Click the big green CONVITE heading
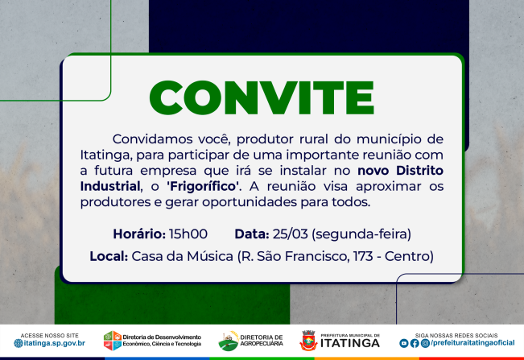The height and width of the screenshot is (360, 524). [x=262, y=97]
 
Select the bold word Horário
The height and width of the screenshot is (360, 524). [x=138, y=234]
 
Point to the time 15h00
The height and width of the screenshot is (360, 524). [x=188, y=234]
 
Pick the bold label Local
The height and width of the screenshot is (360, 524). [x=109, y=257]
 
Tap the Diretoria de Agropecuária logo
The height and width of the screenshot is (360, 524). [x=229, y=341]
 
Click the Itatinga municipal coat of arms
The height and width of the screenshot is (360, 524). [x=308, y=340]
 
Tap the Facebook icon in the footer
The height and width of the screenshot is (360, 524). [x=415, y=343]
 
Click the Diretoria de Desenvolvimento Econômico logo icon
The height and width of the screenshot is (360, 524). [x=113, y=341]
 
